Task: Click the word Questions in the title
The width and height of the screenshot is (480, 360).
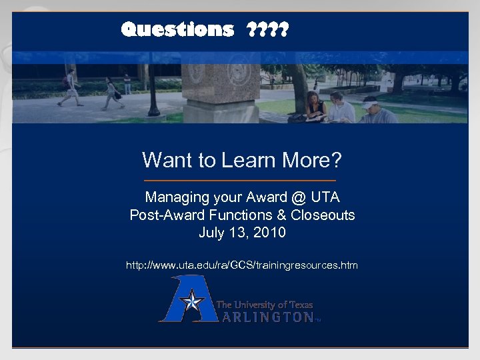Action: (x=177, y=29)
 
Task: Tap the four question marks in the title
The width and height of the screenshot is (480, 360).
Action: (x=267, y=29)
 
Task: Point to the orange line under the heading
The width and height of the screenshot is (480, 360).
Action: (x=240, y=181)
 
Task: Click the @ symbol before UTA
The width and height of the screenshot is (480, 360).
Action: (x=297, y=198)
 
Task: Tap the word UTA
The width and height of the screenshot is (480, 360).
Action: (x=325, y=198)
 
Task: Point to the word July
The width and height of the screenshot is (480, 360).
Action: (x=211, y=233)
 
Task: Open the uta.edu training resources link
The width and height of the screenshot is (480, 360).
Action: (x=242, y=265)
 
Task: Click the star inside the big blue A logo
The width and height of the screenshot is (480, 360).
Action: (x=193, y=302)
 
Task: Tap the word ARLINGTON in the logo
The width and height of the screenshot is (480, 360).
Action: (x=267, y=317)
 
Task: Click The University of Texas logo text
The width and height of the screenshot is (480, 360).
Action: (x=265, y=305)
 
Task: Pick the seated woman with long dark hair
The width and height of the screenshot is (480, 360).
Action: (x=313, y=107)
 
